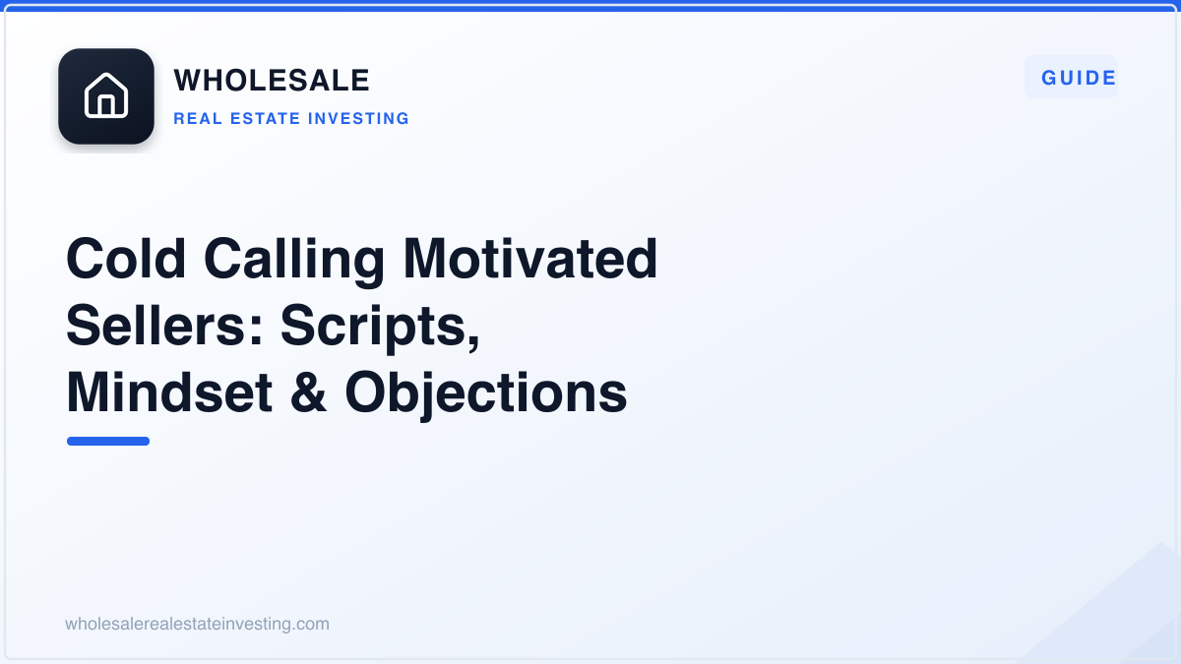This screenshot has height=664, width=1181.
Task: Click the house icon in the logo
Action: pyautogui.click(x=106, y=95)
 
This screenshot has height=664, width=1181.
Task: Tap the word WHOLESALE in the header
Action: pyautogui.click(x=272, y=80)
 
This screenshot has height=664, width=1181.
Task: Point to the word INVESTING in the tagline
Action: pyautogui.click(x=358, y=119)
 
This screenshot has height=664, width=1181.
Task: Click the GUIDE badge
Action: pyautogui.click(x=1071, y=78)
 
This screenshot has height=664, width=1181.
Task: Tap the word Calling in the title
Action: pyautogui.click(x=294, y=262)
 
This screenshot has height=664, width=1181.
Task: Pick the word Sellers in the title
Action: pyautogui.click(x=157, y=326)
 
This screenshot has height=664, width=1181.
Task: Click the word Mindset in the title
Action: pyautogui.click(x=169, y=392)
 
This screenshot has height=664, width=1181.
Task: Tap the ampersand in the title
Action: pyautogui.click(x=308, y=392)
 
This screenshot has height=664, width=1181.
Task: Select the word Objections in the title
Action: pyautogui.click(x=485, y=395)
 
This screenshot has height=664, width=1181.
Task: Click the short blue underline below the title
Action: pyautogui.click(x=108, y=441)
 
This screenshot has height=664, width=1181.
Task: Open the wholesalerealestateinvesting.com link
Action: pyautogui.click(x=197, y=624)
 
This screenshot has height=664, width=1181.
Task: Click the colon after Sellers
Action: pyautogui.click(x=256, y=332)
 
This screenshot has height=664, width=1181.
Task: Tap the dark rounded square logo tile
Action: pyautogui.click(x=106, y=96)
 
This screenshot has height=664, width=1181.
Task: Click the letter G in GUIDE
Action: pyautogui.click(x=1049, y=78)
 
